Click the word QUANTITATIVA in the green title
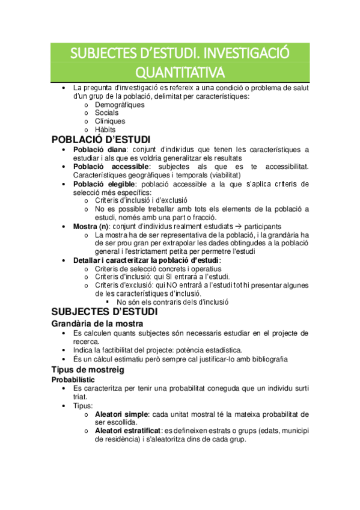(180, 72)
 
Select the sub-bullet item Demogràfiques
(120, 105)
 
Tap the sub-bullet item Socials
(106, 112)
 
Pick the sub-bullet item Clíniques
(110, 121)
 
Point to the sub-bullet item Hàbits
(105, 129)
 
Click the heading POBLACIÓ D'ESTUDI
(101, 140)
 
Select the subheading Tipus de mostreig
(88, 369)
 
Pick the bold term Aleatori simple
(123, 414)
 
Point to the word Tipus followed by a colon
(82, 406)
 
